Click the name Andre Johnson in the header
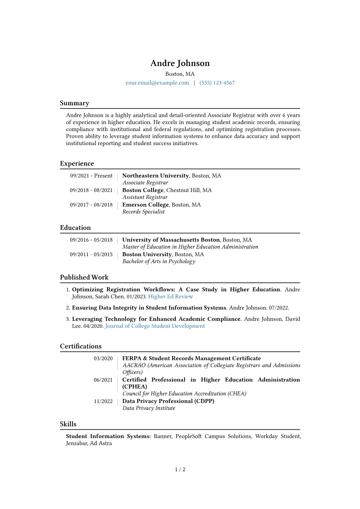[x=180, y=63]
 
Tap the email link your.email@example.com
[x=157, y=83]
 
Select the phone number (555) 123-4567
[x=217, y=83]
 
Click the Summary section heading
[x=74, y=103]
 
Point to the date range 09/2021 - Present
[x=91, y=176]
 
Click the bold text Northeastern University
[x=155, y=176]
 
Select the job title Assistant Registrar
[x=145, y=197]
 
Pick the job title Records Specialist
[x=143, y=212]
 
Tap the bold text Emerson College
[x=145, y=205]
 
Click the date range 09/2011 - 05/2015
[x=91, y=254]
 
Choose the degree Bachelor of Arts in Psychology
[x=159, y=261]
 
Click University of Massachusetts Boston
[x=171, y=240]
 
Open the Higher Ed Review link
[x=171, y=296]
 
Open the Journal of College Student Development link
[x=155, y=326]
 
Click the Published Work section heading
[x=84, y=277]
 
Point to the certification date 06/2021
[x=103, y=380]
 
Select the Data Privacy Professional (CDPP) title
[x=168, y=401]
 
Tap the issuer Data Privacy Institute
[x=149, y=408]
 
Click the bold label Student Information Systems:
[x=108, y=436]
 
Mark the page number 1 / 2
[x=180, y=469]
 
